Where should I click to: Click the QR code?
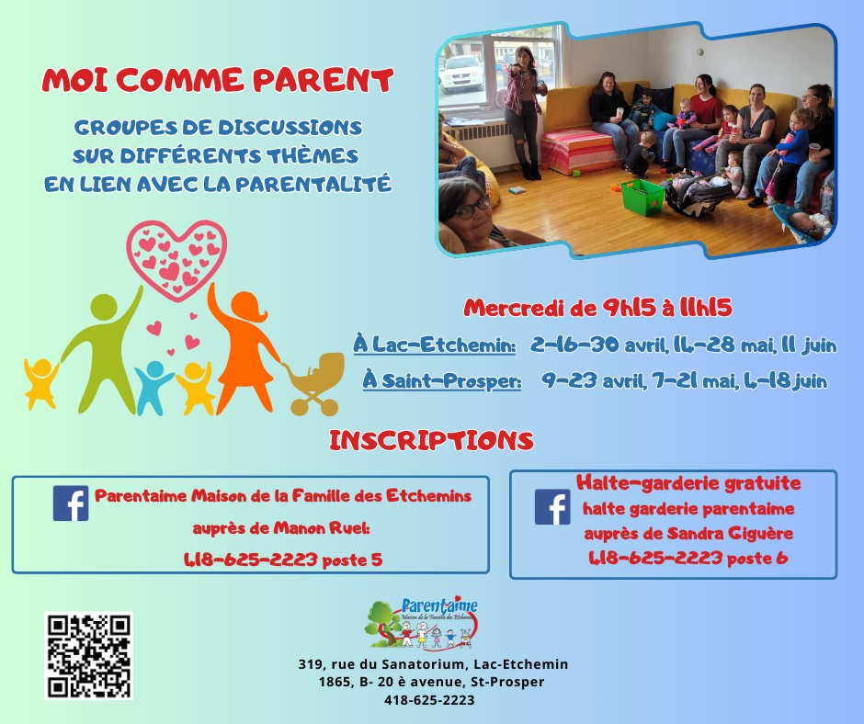pos(88,656)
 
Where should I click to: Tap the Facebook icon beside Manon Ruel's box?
pos(71,503)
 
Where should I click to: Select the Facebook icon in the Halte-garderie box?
pos(552,507)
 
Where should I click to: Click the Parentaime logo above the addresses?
pos(421,623)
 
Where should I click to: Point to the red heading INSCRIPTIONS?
pos(431,441)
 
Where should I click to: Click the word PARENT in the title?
pos(323,81)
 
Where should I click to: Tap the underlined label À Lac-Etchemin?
pos(434,345)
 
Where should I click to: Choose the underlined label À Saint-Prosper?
pos(442,380)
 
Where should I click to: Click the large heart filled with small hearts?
pos(176,259)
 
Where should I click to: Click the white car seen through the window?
pos(461,73)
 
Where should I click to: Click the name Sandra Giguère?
pos(730,534)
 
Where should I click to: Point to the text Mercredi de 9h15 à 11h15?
pos(597,308)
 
